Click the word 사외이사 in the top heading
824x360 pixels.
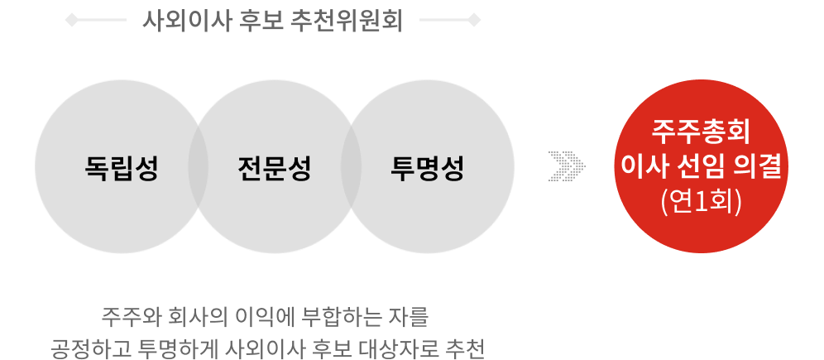(185, 21)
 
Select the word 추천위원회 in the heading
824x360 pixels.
(347, 21)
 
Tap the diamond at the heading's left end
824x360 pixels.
(71, 21)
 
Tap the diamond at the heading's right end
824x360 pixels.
(474, 21)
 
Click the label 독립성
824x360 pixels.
(122, 168)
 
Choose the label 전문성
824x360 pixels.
(275, 168)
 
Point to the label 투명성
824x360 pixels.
(427, 168)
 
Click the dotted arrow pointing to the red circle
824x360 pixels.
(567, 166)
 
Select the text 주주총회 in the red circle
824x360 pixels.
(701, 132)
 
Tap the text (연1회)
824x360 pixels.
(701, 201)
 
